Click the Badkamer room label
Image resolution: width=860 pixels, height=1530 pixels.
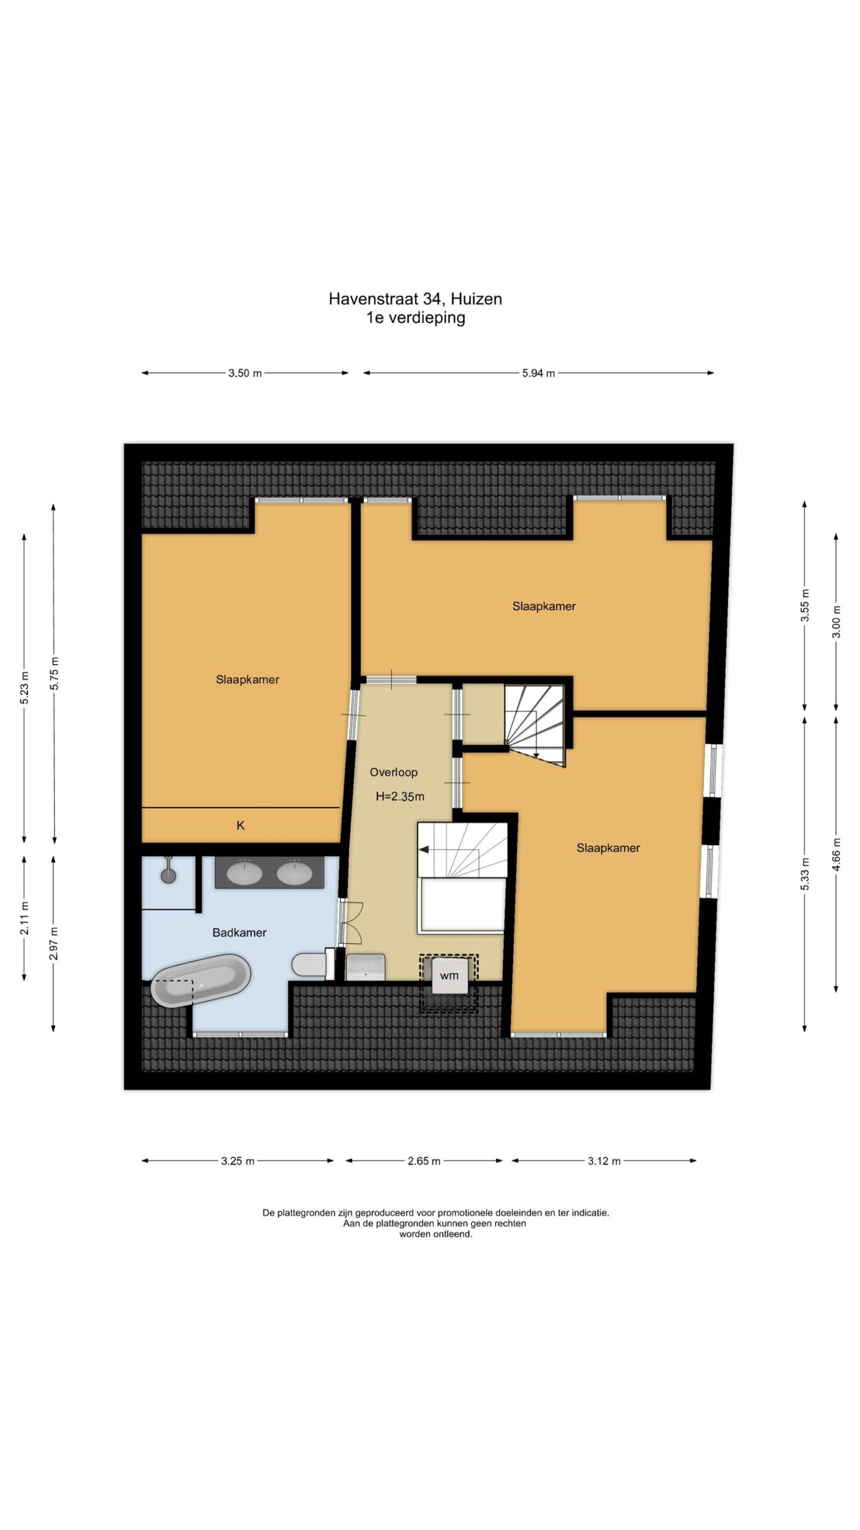coord(239,932)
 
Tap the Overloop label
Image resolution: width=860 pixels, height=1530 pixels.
coord(394,772)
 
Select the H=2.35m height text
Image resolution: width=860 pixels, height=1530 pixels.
coord(400,796)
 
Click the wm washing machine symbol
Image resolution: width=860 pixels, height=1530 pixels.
coord(449,975)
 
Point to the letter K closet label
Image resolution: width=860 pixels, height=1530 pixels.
coord(241,825)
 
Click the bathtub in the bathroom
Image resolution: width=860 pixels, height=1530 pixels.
coord(201,980)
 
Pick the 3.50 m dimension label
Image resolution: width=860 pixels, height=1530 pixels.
coord(245,374)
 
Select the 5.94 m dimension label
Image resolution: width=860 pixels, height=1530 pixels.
coord(539,374)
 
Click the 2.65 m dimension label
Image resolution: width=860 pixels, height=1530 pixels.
coord(424,1161)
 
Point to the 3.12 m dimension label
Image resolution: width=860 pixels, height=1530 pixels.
coord(604,1161)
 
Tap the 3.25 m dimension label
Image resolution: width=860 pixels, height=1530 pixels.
coord(238,1161)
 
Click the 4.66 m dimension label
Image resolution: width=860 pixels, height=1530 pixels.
coord(836,854)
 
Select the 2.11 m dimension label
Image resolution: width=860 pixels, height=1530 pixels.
coord(24,919)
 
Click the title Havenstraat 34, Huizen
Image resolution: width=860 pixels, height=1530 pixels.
coord(416,299)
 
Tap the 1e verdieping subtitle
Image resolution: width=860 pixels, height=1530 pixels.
coord(416,317)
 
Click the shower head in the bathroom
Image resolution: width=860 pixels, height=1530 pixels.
coord(169,871)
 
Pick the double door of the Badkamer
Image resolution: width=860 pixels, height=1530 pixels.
coord(352,923)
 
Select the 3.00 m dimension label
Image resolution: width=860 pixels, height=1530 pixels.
coord(836,622)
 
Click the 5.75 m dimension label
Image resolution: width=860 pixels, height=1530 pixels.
coord(54,674)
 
